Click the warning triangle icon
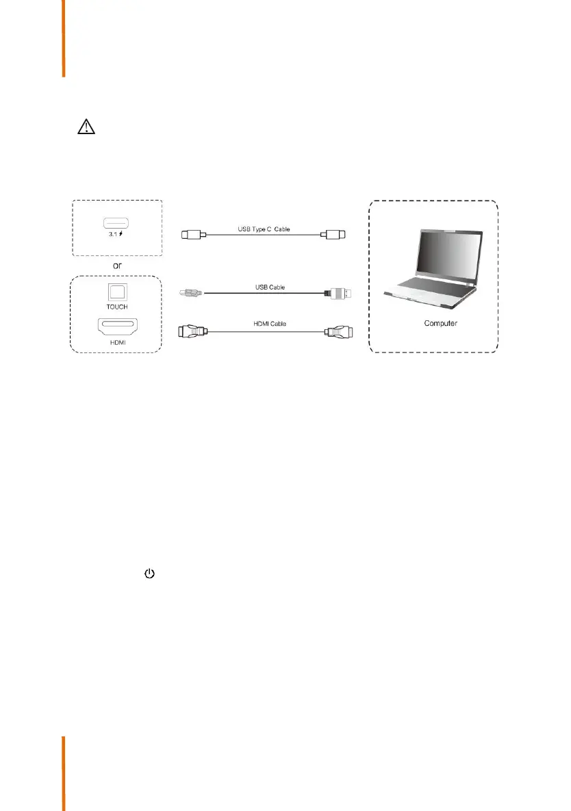pos(85,129)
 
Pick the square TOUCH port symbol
pos(118,290)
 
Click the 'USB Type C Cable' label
pos(264,229)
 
